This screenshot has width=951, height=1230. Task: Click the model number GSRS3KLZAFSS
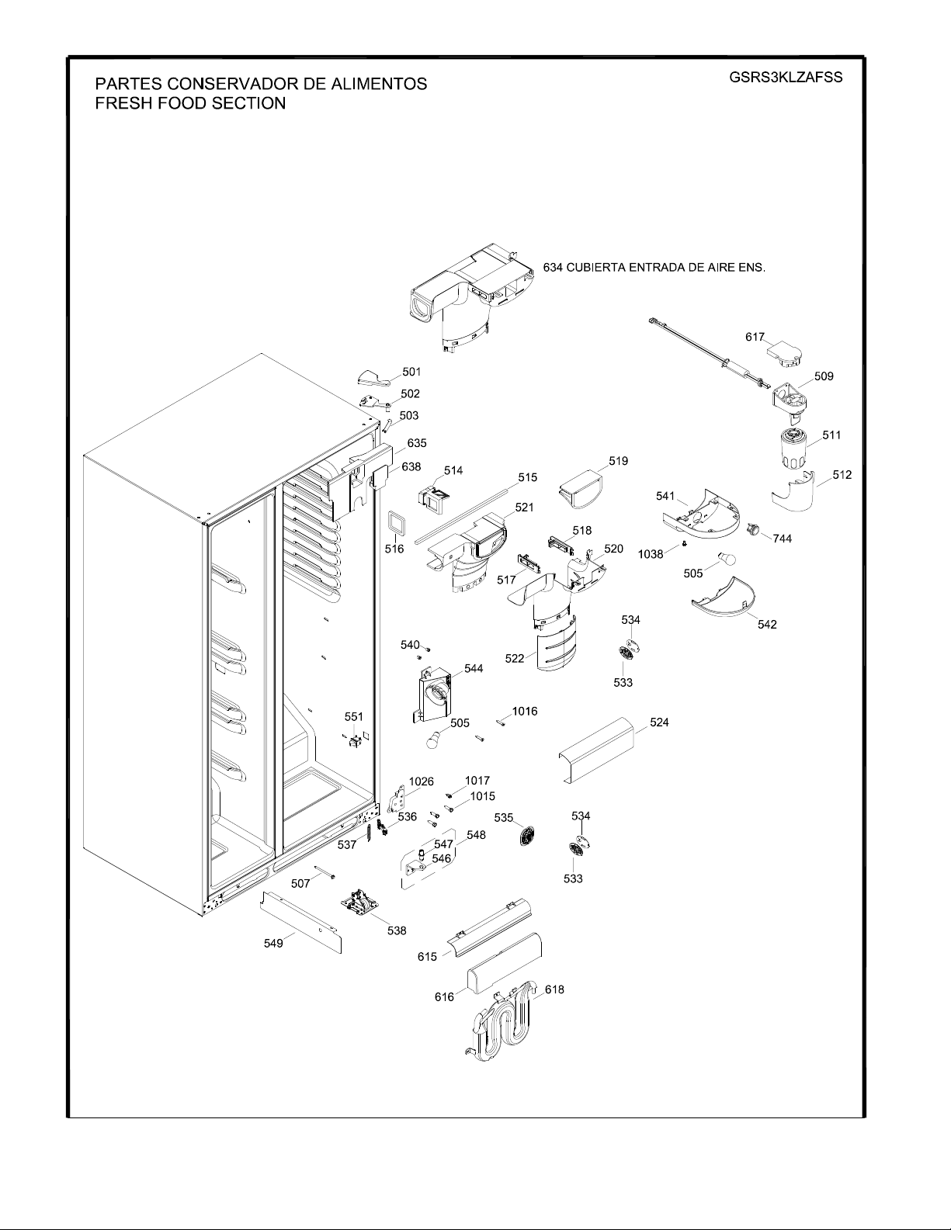point(785,78)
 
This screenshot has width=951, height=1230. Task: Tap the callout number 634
point(553,267)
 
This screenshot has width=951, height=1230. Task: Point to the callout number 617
point(755,337)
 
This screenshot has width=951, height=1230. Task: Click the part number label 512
point(842,475)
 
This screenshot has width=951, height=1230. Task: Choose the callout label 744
point(782,539)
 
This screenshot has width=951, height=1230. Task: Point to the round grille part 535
point(527,836)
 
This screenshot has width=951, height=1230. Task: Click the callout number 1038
point(651,554)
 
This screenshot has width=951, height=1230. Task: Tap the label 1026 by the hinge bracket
point(421,781)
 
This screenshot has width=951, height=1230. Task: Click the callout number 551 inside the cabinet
point(354,716)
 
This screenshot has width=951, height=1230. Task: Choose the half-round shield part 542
point(724,597)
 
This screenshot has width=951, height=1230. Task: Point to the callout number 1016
point(525,711)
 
